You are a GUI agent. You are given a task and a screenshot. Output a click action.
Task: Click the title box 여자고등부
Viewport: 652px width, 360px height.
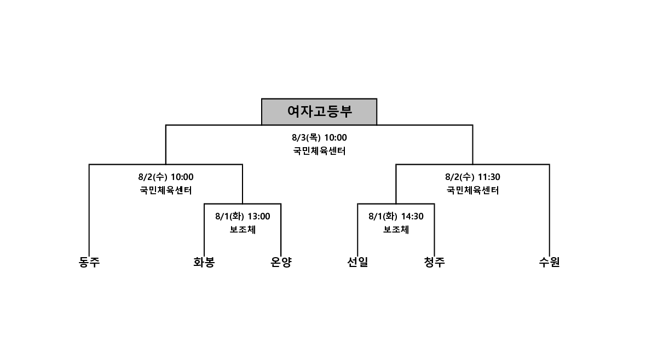click(x=319, y=112)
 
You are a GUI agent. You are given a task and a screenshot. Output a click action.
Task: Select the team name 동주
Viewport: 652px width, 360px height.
click(x=89, y=262)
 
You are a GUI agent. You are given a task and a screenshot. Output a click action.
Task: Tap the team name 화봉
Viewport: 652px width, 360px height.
click(x=204, y=262)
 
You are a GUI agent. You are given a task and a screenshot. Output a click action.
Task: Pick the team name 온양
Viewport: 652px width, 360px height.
click(x=281, y=262)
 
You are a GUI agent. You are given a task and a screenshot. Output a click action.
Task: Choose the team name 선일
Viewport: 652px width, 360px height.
click(x=357, y=262)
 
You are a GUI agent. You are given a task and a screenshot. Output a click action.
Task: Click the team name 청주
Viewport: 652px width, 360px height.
click(x=435, y=262)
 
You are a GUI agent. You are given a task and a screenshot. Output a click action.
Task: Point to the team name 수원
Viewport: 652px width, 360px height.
click(x=549, y=262)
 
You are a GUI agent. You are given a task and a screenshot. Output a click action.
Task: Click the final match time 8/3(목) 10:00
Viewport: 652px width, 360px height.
click(x=319, y=137)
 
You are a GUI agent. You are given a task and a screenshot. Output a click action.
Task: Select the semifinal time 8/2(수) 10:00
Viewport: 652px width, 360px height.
click(x=166, y=177)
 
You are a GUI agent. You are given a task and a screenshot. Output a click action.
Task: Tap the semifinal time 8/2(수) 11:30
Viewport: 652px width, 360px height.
click(x=473, y=177)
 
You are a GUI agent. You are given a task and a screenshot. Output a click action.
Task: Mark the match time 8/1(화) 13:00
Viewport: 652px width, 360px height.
click(x=243, y=217)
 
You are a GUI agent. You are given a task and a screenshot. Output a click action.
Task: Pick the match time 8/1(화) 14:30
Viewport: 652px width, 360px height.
click(x=396, y=217)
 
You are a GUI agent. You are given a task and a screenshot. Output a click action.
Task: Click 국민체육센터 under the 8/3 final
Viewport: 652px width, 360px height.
click(x=319, y=151)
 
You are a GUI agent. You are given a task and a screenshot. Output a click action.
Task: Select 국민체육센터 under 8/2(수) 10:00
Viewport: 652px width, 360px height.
click(x=166, y=190)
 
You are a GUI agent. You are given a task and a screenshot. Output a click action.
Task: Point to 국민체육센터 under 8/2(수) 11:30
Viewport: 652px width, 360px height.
click(x=473, y=190)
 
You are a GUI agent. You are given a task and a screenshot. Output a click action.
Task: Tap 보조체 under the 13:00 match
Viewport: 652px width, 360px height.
click(x=243, y=229)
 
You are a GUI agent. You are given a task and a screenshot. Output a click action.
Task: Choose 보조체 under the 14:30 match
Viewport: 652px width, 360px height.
click(x=396, y=229)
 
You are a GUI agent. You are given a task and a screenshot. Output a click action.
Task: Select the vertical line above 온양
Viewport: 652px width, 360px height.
click(x=281, y=229)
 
